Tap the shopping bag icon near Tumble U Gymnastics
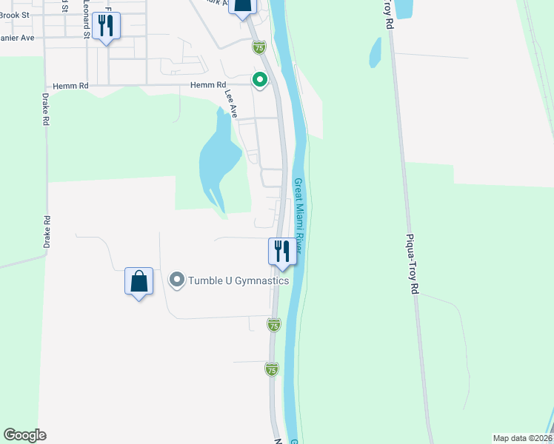[x=138, y=282]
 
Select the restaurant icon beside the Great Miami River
[x=281, y=251]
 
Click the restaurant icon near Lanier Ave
[x=107, y=26]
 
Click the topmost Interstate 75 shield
[x=258, y=47]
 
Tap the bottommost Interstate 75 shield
[x=272, y=369]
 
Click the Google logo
[x=24, y=435]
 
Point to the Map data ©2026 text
[x=522, y=438]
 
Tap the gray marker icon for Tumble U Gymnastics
[x=176, y=280]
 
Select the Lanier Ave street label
[x=15, y=37]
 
